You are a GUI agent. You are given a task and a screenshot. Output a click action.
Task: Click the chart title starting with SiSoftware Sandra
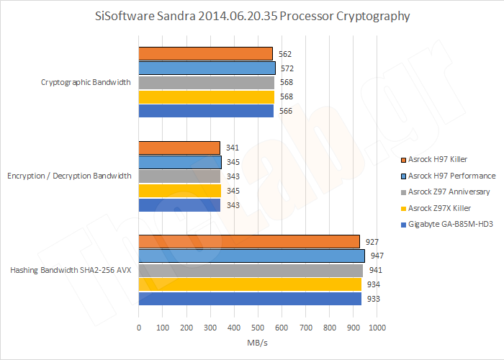pos(251,15)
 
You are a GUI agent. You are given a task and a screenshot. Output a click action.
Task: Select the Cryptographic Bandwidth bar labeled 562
pos(205,53)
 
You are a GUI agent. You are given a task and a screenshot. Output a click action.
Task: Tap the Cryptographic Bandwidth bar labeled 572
pos(207,68)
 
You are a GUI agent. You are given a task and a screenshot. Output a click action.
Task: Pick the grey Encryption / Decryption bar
pos(179,176)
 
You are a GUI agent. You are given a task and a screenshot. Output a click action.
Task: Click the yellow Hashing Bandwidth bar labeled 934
pos(250,284)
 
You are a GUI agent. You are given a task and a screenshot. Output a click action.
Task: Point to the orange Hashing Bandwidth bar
pos(248,241)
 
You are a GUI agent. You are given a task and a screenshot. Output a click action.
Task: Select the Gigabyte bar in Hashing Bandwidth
pos(250,299)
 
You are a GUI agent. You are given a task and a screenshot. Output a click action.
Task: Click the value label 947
pos(377,256)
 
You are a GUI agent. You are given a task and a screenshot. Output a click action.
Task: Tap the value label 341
pos(232,148)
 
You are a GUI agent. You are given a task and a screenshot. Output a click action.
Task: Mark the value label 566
pos(286,111)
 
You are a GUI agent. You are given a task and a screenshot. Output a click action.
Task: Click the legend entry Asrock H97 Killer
pos(444,158)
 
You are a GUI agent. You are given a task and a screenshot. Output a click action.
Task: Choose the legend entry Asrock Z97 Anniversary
pos(449,192)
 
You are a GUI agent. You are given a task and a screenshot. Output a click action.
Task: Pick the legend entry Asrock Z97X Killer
pos(443,208)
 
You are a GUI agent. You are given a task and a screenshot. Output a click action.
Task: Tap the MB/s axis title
pos(257,343)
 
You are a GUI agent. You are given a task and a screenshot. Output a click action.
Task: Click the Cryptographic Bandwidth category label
pos(86,82)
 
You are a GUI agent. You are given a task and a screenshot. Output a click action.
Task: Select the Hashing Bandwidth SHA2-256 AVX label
pos(71,270)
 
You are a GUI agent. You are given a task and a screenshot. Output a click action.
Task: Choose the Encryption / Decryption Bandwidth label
pos(69,176)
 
